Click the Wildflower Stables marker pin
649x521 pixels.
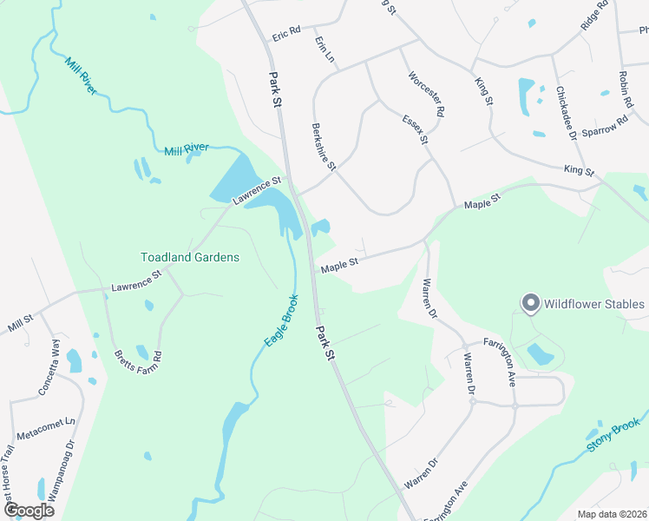point(529,303)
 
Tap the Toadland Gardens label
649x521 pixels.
point(190,257)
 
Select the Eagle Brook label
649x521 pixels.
point(281,321)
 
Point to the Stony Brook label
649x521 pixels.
point(613,436)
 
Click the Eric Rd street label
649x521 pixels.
point(285,33)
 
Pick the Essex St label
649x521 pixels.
point(416,127)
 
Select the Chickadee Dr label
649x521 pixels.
point(567,112)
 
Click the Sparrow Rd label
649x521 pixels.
point(605,125)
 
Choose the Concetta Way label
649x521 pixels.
point(49,369)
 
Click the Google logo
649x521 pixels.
point(29,511)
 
